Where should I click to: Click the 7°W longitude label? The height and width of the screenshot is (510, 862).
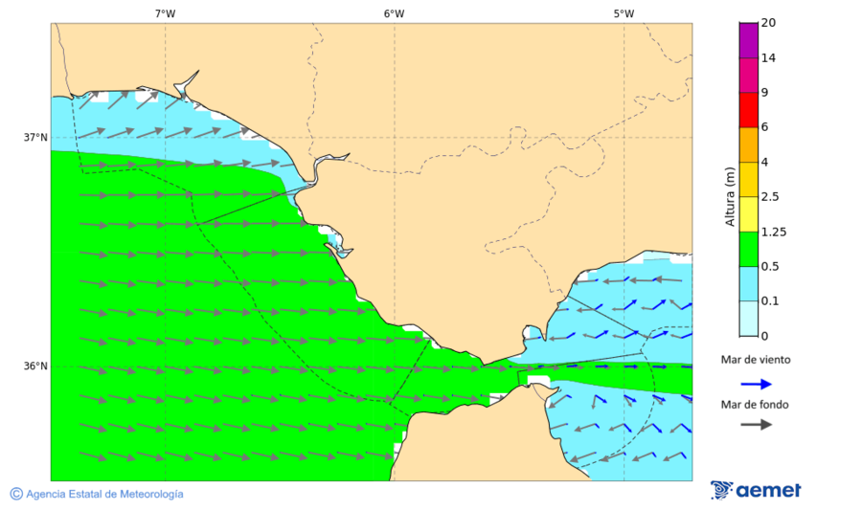tap(165, 13)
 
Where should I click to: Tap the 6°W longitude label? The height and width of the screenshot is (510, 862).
tap(394, 13)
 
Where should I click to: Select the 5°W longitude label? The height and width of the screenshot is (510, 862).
tap(624, 13)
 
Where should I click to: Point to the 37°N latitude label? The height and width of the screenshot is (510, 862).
tap(35, 137)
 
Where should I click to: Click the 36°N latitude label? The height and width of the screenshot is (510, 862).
tap(35, 366)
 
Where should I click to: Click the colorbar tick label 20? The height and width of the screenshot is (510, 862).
tap(768, 23)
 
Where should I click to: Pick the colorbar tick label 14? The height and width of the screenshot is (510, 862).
tap(768, 57)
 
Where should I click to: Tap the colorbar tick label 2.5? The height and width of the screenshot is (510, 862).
tap(769, 197)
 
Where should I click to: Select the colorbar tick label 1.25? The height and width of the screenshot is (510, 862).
tap(772, 232)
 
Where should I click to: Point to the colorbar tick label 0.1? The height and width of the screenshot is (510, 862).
tap(769, 301)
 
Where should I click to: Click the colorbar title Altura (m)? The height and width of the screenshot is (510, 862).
tap(730, 197)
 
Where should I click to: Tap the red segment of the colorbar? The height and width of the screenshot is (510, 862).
tap(748, 109)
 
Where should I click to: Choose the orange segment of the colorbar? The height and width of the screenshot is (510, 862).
tap(748, 144)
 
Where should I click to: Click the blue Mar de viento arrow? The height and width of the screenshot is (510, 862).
tap(757, 384)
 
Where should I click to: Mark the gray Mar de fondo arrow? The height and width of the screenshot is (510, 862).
tap(757, 424)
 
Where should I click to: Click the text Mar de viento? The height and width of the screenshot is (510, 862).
tap(756, 360)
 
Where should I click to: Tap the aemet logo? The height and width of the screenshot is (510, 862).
tap(756, 490)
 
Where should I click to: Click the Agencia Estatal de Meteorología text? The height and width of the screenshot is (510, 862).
tap(104, 494)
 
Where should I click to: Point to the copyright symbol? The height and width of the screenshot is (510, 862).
tap(16, 494)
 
